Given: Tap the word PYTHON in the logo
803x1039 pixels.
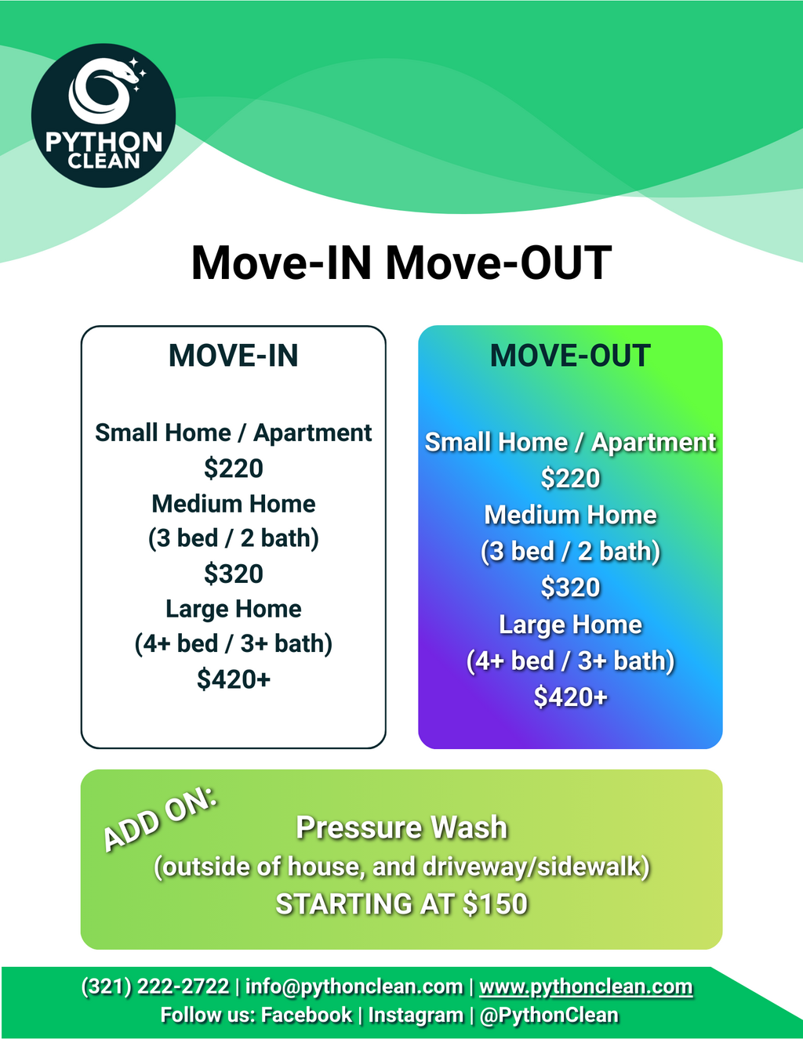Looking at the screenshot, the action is [104, 143].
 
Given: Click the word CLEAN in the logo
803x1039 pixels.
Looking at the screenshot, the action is [104, 161].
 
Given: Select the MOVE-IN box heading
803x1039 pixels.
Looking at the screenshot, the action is [233, 355].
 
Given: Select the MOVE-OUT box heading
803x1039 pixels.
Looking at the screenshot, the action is [570, 355].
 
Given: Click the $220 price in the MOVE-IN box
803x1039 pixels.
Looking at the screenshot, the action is [233, 468].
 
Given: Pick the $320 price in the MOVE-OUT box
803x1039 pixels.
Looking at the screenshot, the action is [570, 587].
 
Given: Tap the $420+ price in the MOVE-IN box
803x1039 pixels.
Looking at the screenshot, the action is [233, 679].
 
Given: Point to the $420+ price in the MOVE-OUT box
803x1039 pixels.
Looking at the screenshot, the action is [570, 696].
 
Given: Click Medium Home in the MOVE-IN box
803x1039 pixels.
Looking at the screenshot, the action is [233, 504].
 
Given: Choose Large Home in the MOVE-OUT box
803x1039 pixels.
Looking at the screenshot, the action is [570, 624].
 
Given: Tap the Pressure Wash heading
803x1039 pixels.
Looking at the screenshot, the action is [401, 827].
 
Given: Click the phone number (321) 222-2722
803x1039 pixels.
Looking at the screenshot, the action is [155, 987].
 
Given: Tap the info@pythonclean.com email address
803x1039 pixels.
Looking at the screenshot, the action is [354, 987].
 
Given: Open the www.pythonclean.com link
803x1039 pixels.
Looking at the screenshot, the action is [586, 987].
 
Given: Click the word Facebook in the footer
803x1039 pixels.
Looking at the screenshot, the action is [307, 1015].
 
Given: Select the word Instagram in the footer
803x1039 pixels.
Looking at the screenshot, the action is [416, 1015].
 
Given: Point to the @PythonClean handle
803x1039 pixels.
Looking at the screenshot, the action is [548, 1015].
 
